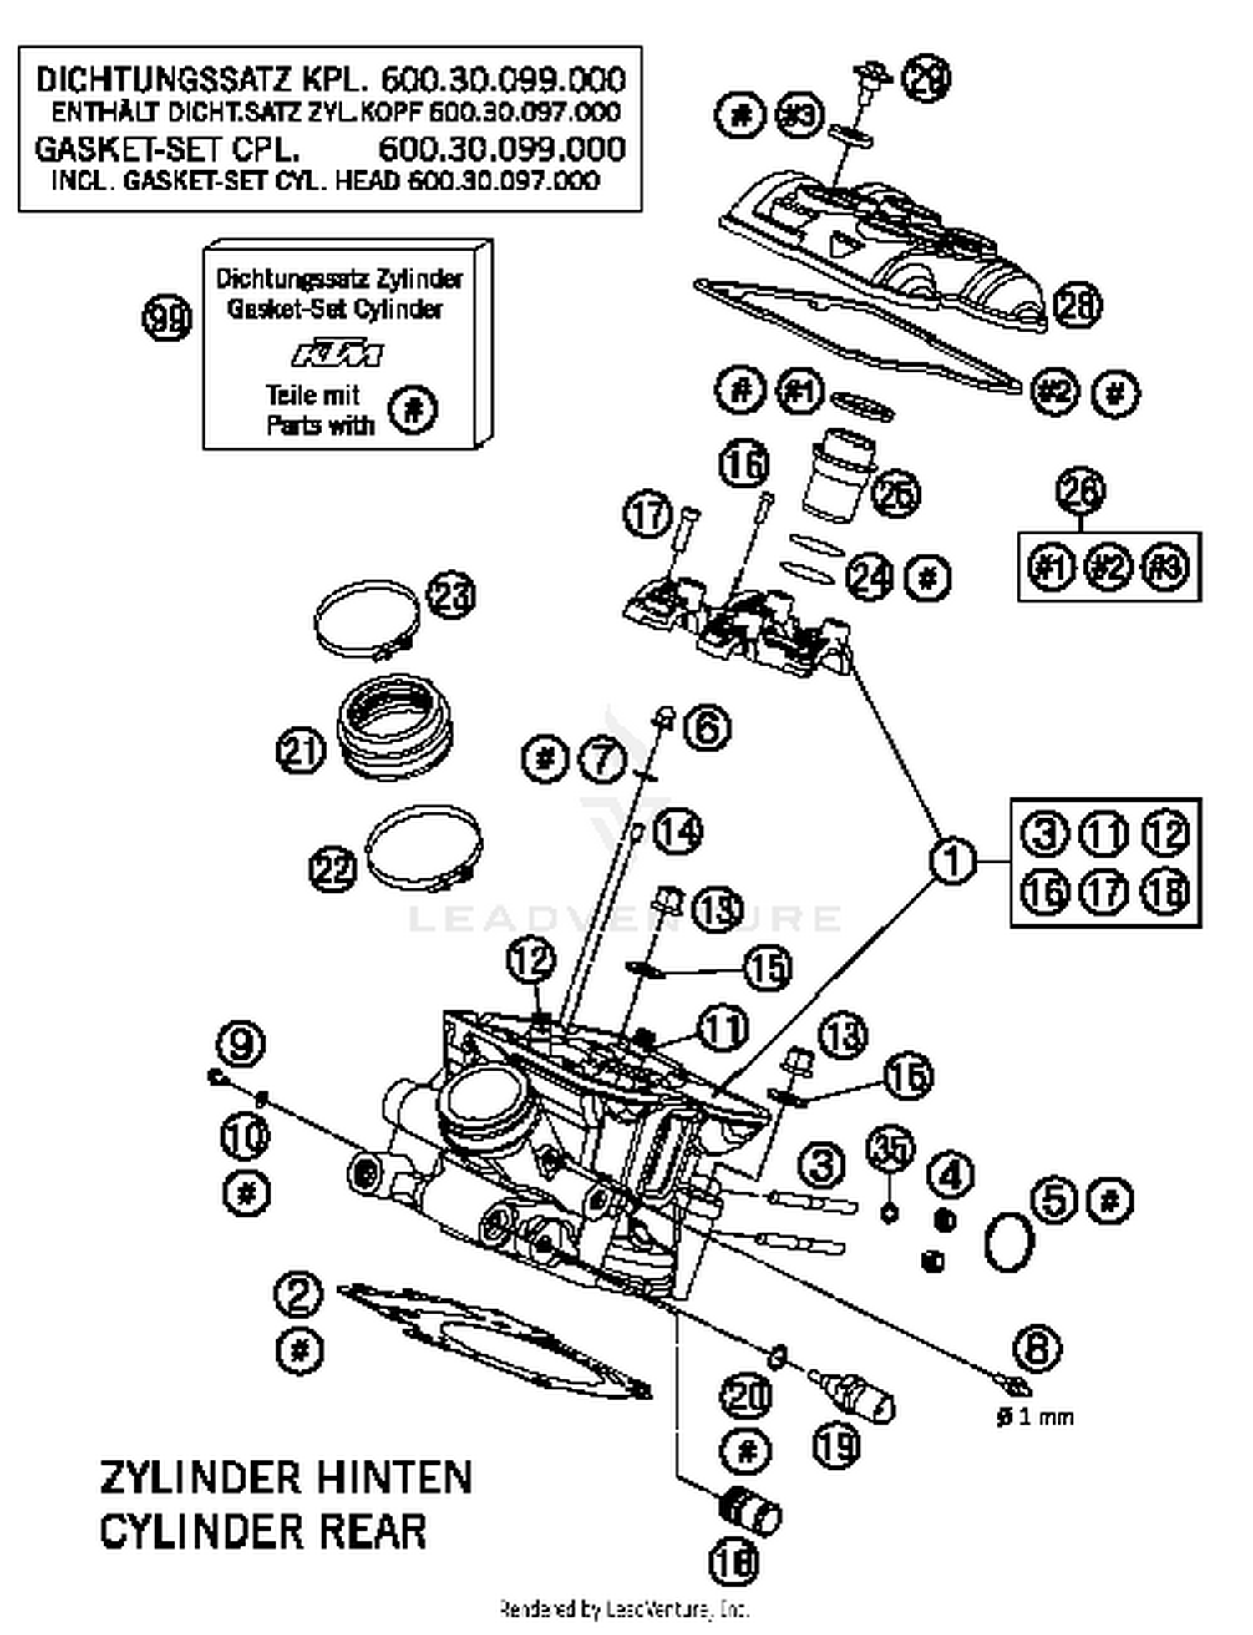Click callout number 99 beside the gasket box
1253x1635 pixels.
tap(167, 319)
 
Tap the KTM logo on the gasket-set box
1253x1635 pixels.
tap(337, 354)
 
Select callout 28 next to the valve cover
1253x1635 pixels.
tap(1078, 306)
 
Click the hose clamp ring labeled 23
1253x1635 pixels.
tap(366, 618)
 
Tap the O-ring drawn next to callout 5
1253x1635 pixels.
tap(1010, 1241)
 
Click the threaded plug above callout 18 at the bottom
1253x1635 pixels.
tap(749, 1510)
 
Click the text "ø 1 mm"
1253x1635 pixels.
tap(1035, 1417)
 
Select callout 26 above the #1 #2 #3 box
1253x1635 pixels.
tap(1081, 491)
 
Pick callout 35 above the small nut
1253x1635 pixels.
tap(890, 1150)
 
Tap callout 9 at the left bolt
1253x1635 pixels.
tap(241, 1044)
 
